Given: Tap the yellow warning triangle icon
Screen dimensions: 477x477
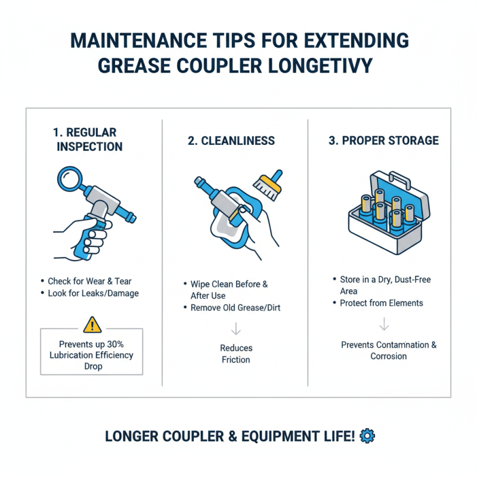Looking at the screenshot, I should point(92,325).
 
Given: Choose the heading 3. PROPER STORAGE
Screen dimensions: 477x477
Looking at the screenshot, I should point(383,141).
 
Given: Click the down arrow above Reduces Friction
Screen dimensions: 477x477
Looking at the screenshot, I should point(236,329).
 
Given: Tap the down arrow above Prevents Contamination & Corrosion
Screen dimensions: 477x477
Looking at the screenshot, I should point(385,324).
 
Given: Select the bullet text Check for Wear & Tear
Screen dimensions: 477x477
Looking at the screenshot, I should point(89,280).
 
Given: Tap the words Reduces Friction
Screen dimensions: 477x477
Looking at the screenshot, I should point(236,354).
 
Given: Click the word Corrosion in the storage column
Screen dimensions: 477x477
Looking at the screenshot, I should point(389,356).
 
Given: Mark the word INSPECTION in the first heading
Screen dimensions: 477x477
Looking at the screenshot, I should point(89,147).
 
